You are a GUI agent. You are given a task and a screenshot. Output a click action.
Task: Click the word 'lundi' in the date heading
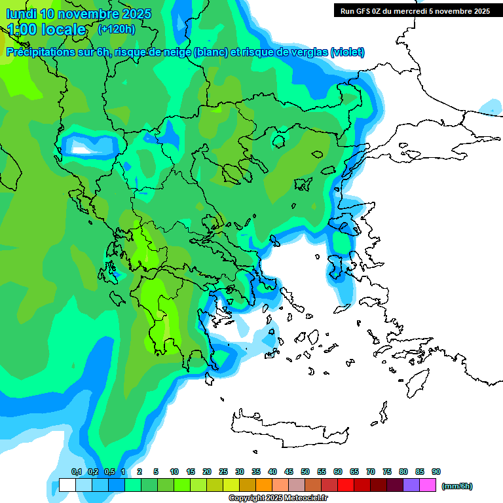(21, 14)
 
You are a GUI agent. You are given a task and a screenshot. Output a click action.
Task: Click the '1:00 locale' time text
(47, 29)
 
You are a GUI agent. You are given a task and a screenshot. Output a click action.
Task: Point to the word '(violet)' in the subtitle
(348, 52)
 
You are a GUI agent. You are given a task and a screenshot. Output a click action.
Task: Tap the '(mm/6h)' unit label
(456, 486)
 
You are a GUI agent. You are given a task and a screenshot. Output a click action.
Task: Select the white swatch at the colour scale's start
(67, 485)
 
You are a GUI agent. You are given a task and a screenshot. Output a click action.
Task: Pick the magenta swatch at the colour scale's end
(428, 485)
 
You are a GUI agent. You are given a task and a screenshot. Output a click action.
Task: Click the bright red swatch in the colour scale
(346, 485)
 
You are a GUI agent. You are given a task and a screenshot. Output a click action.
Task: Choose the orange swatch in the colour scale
(264, 485)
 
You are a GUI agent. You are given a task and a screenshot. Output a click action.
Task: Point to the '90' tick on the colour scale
(436, 472)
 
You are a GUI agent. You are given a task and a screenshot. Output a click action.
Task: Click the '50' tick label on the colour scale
(305, 472)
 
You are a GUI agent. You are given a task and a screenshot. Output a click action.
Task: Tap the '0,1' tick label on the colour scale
(77, 472)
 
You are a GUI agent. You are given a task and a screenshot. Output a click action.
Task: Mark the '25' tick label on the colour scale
(223, 472)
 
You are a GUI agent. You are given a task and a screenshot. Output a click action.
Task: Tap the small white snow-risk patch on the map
(81, 149)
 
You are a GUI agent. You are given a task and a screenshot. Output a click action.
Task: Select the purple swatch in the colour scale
(411, 485)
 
